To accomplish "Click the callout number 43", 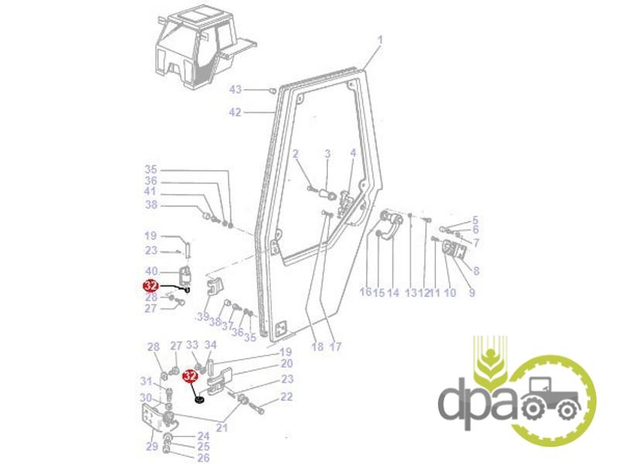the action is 235,90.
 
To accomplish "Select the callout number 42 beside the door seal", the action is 235,112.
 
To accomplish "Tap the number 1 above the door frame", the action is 380,40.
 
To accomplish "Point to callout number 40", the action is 152,271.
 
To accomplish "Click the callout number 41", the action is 150,191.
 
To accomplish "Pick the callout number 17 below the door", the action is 335,346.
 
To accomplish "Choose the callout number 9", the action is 472,292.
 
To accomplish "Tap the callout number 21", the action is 222,428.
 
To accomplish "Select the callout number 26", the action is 203,458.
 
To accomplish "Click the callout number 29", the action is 152,446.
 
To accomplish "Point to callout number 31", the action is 146,381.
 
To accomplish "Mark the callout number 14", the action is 393,292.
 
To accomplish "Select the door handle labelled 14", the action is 390,225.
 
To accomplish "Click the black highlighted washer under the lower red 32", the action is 200,400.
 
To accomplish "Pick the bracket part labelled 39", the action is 215,287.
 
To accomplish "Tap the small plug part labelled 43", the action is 272,91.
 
